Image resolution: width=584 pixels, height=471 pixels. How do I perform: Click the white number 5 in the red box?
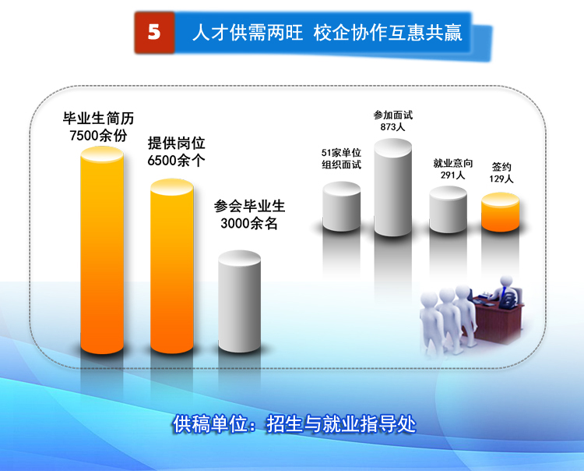click(x=154, y=32)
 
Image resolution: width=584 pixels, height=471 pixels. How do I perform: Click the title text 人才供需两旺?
click(x=248, y=33)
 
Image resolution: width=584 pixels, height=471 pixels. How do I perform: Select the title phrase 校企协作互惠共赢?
click(x=388, y=33)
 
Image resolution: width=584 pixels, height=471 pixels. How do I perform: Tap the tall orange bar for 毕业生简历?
click(x=102, y=250)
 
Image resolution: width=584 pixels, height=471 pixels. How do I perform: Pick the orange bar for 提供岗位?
click(x=172, y=266)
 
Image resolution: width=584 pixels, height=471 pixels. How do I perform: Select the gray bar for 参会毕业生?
click(x=239, y=301)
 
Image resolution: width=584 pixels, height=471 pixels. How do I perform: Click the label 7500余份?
click(x=98, y=136)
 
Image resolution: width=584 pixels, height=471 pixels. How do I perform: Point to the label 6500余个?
click(x=176, y=161)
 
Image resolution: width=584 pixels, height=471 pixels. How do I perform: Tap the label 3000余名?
click(x=249, y=223)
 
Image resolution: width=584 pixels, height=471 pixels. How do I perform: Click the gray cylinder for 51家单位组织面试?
click(x=342, y=207)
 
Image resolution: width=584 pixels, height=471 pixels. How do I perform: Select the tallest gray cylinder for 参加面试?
click(x=393, y=188)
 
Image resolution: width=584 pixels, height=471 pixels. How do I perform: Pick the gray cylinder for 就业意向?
click(x=448, y=210)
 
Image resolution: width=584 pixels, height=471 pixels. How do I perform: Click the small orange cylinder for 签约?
click(x=500, y=212)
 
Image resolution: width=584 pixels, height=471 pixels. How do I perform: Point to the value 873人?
click(x=392, y=127)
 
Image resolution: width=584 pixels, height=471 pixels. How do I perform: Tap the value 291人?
click(x=453, y=175)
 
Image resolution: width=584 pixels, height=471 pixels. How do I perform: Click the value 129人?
click(x=501, y=179)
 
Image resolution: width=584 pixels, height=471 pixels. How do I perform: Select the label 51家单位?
click(x=341, y=153)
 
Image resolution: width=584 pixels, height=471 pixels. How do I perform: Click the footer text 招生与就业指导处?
click(x=341, y=424)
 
